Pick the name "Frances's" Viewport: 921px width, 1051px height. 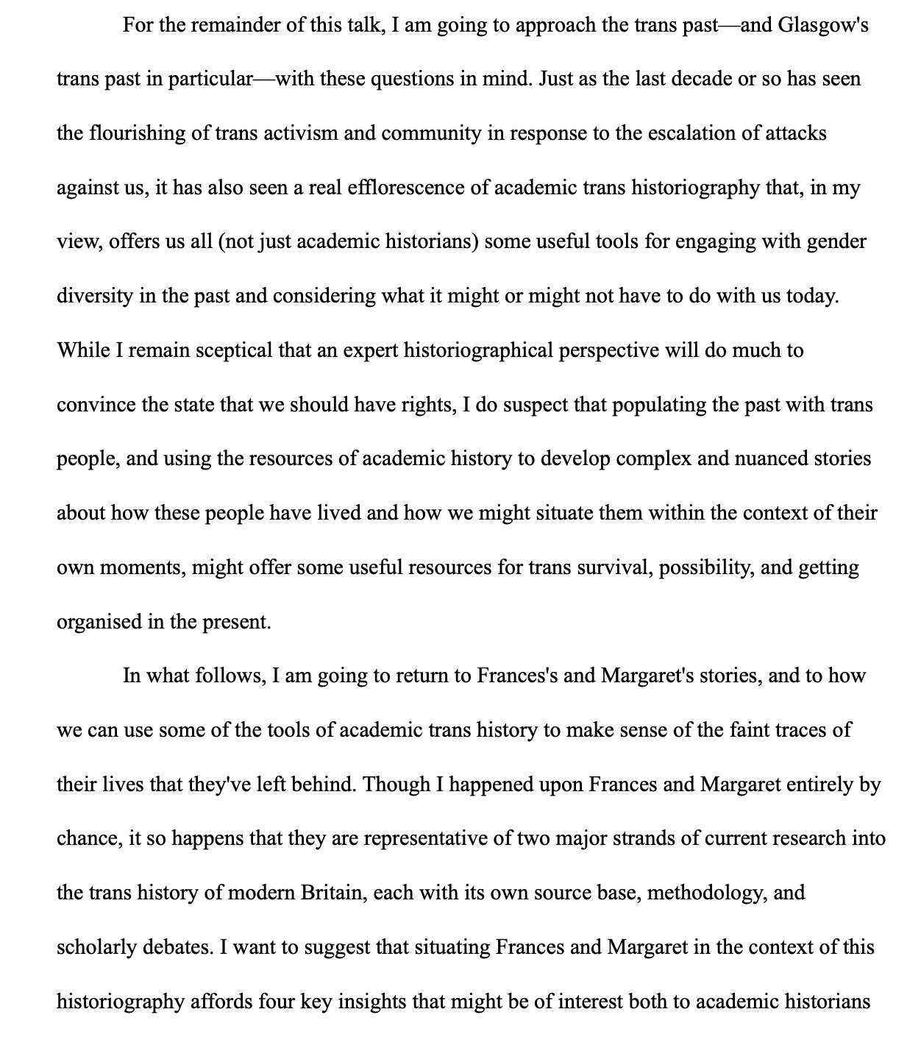coord(517,676)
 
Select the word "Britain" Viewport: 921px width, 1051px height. coord(333,893)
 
